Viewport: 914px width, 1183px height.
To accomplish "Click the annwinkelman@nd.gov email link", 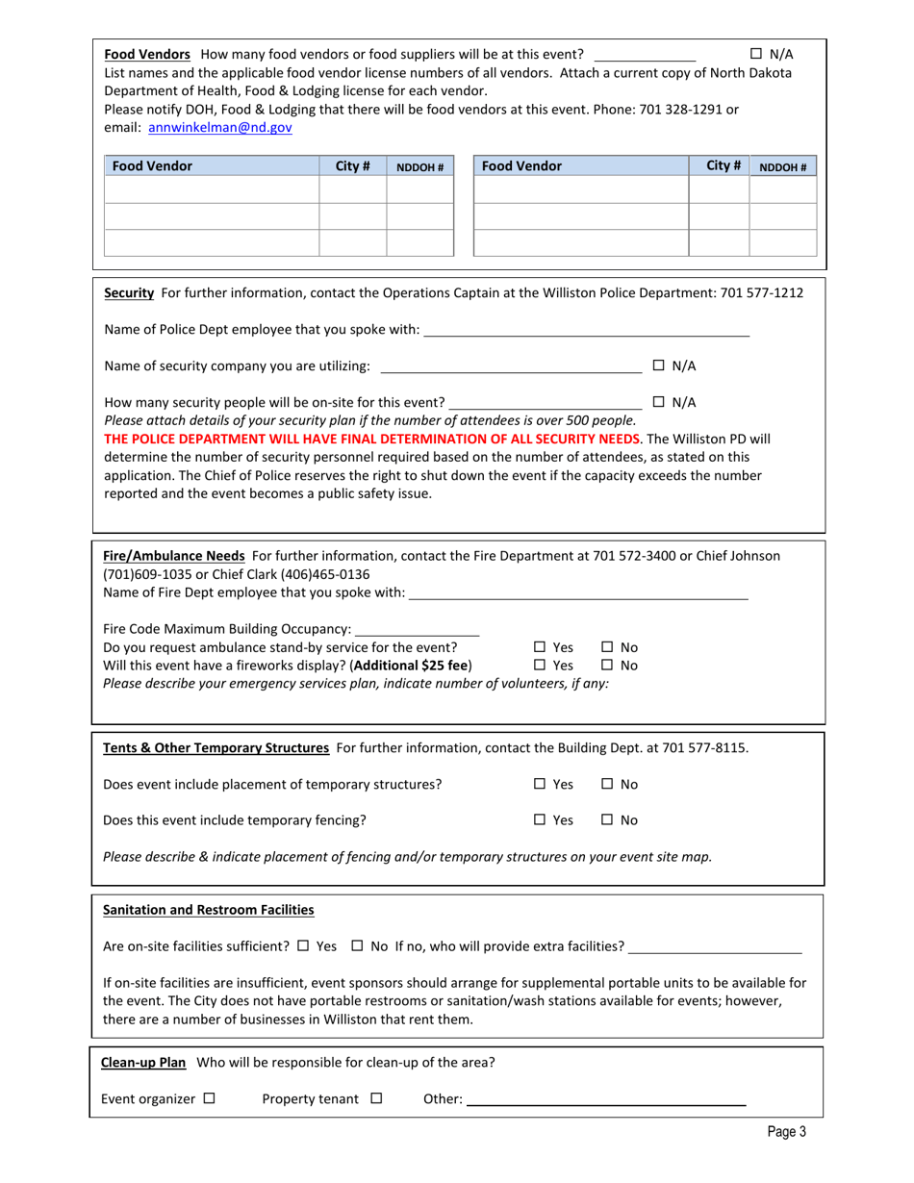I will click(220, 126).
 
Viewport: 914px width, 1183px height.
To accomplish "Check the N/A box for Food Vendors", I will click(755, 54).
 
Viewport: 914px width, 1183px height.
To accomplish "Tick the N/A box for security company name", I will click(659, 365).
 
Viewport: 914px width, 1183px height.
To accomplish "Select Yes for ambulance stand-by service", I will click(540, 647).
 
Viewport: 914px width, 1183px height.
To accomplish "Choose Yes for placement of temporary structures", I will click(540, 785).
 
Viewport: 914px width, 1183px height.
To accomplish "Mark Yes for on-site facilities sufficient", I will click(303, 946).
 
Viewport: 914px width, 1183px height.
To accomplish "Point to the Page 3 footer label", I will click(786, 1132).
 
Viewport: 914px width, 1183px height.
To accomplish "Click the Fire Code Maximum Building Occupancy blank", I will click(403, 630).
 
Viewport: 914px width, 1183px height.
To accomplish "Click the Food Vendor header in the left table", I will click(152, 165).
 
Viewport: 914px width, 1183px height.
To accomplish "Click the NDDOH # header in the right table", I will click(782, 166).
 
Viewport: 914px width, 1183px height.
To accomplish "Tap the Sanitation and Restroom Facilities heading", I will click(209, 909).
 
